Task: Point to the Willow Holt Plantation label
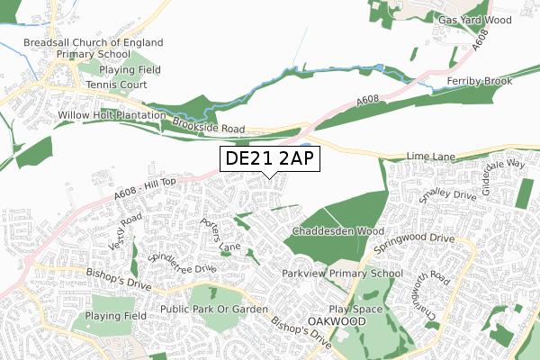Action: [112, 116]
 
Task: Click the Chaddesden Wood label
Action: [333, 231]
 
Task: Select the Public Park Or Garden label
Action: [213, 310]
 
